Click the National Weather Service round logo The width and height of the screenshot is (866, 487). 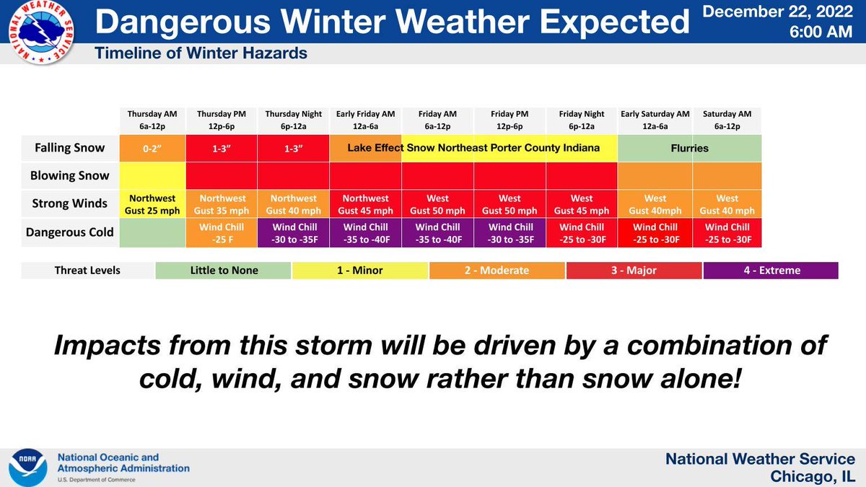pos(41,32)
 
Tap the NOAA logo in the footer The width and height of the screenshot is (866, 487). pos(28,468)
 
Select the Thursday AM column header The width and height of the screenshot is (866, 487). pos(152,120)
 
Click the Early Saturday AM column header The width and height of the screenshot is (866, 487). pos(655,120)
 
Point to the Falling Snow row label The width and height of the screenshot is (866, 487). pos(69,148)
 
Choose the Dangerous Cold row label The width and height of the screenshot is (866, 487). pos(69,232)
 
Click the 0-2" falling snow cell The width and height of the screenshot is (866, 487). pos(152,148)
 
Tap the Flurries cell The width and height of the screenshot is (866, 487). pos(690,148)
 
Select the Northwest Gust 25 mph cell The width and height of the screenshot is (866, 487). pos(152,204)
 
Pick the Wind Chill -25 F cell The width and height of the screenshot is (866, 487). pos(222,233)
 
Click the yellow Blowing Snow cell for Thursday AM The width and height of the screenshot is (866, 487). pos(152,175)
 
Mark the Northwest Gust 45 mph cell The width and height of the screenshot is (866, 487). pos(365,204)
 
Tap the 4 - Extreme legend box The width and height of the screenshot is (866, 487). pos(771,270)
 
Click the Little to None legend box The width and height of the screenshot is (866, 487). pos(224,270)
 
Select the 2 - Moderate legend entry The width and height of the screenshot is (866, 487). pos(497,270)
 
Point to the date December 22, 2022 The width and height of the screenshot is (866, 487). pos(778,12)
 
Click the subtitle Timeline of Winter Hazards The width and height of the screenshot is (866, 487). pos(201,53)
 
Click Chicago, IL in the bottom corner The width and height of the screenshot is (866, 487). pos(813,477)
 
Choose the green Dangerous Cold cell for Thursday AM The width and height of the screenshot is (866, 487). pos(152,232)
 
